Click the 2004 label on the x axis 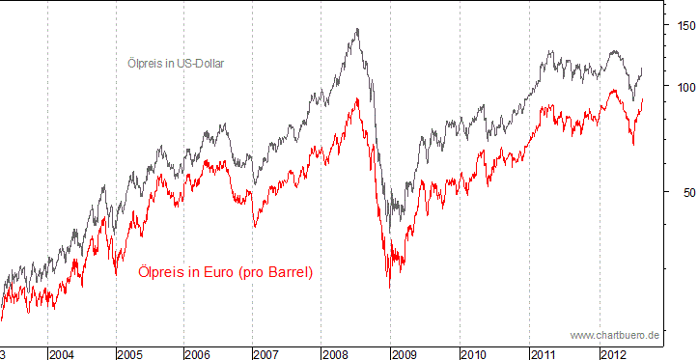[62, 354]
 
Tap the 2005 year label [130, 354]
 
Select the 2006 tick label [199, 354]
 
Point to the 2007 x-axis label [267, 354]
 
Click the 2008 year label [336, 354]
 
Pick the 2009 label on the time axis [405, 354]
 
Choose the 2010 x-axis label [474, 354]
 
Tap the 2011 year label [544, 354]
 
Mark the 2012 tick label [612, 354]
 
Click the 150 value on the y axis [684, 26]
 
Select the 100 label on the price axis [684, 87]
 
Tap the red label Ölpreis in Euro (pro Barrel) [226, 273]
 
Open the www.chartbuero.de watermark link [614, 335]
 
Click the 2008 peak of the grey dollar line [357, 30]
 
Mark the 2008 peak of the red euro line [357, 98]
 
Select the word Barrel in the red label [287, 273]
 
